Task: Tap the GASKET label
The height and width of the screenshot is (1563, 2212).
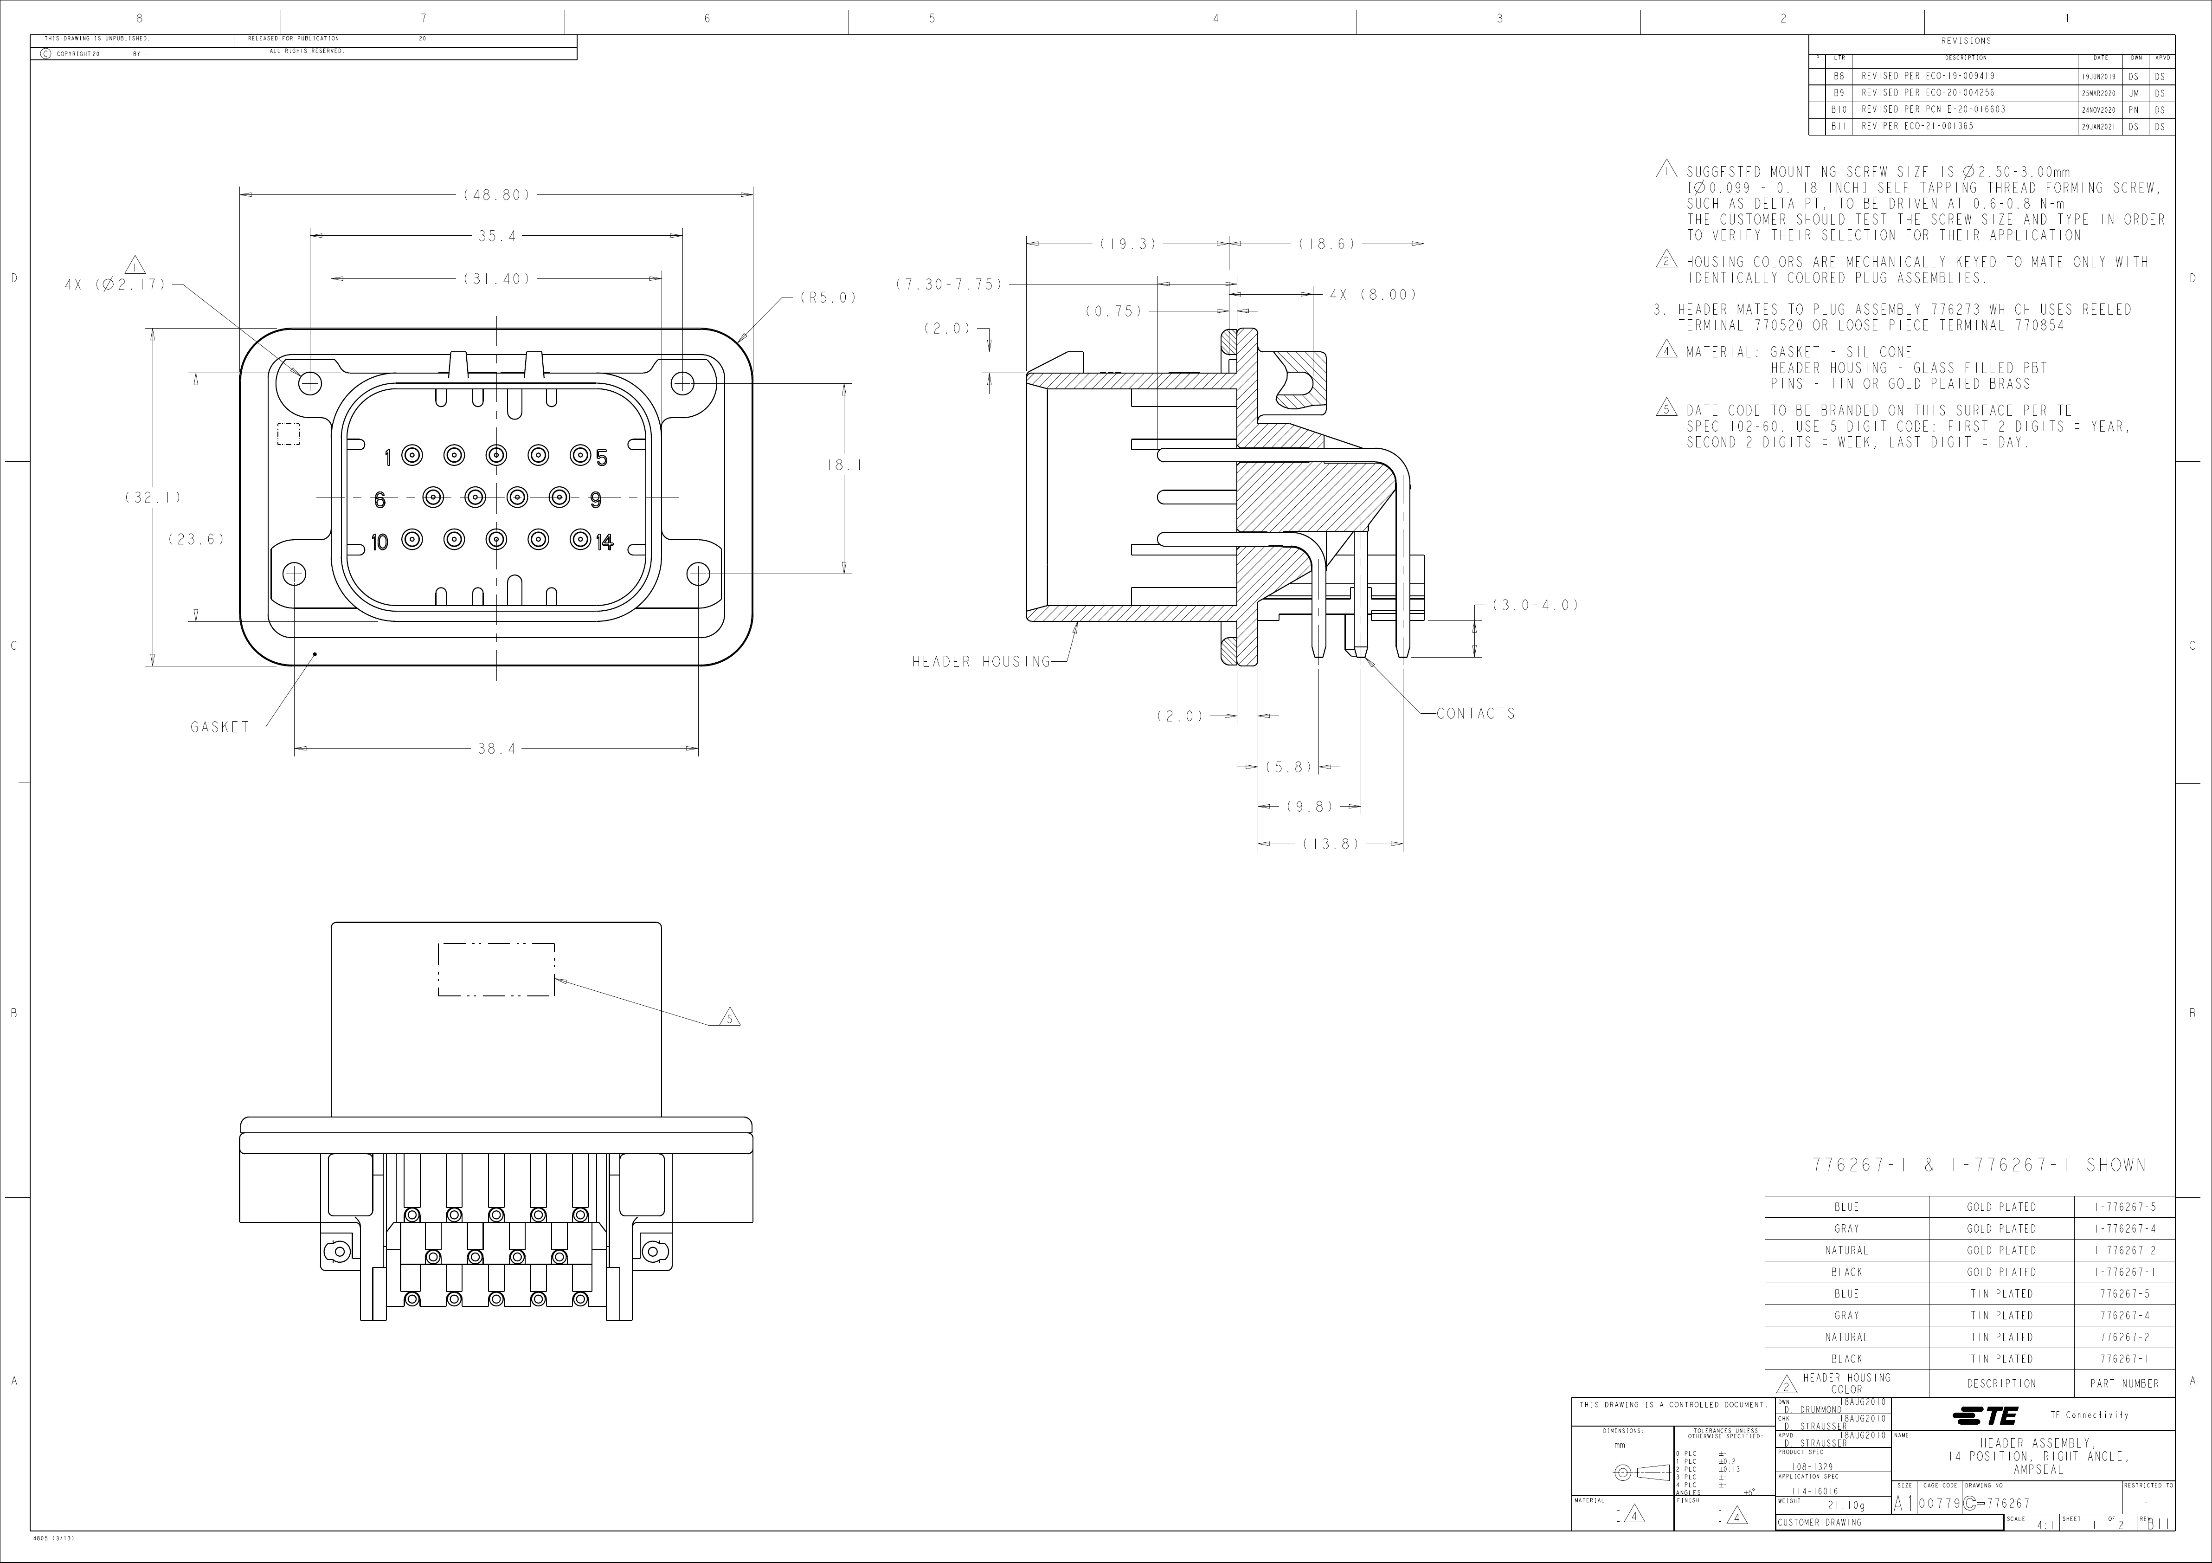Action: point(219,727)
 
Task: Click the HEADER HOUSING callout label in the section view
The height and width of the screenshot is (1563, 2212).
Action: point(981,662)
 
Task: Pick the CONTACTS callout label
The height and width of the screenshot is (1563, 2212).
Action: point(1476,714)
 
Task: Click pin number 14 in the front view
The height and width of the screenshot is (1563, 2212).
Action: point(604,543)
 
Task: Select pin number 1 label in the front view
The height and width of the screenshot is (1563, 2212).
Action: point(387,457)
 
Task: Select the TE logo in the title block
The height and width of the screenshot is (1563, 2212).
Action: point(1985,1415)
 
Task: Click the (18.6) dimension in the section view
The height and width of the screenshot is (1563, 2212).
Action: point(1327,245)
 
